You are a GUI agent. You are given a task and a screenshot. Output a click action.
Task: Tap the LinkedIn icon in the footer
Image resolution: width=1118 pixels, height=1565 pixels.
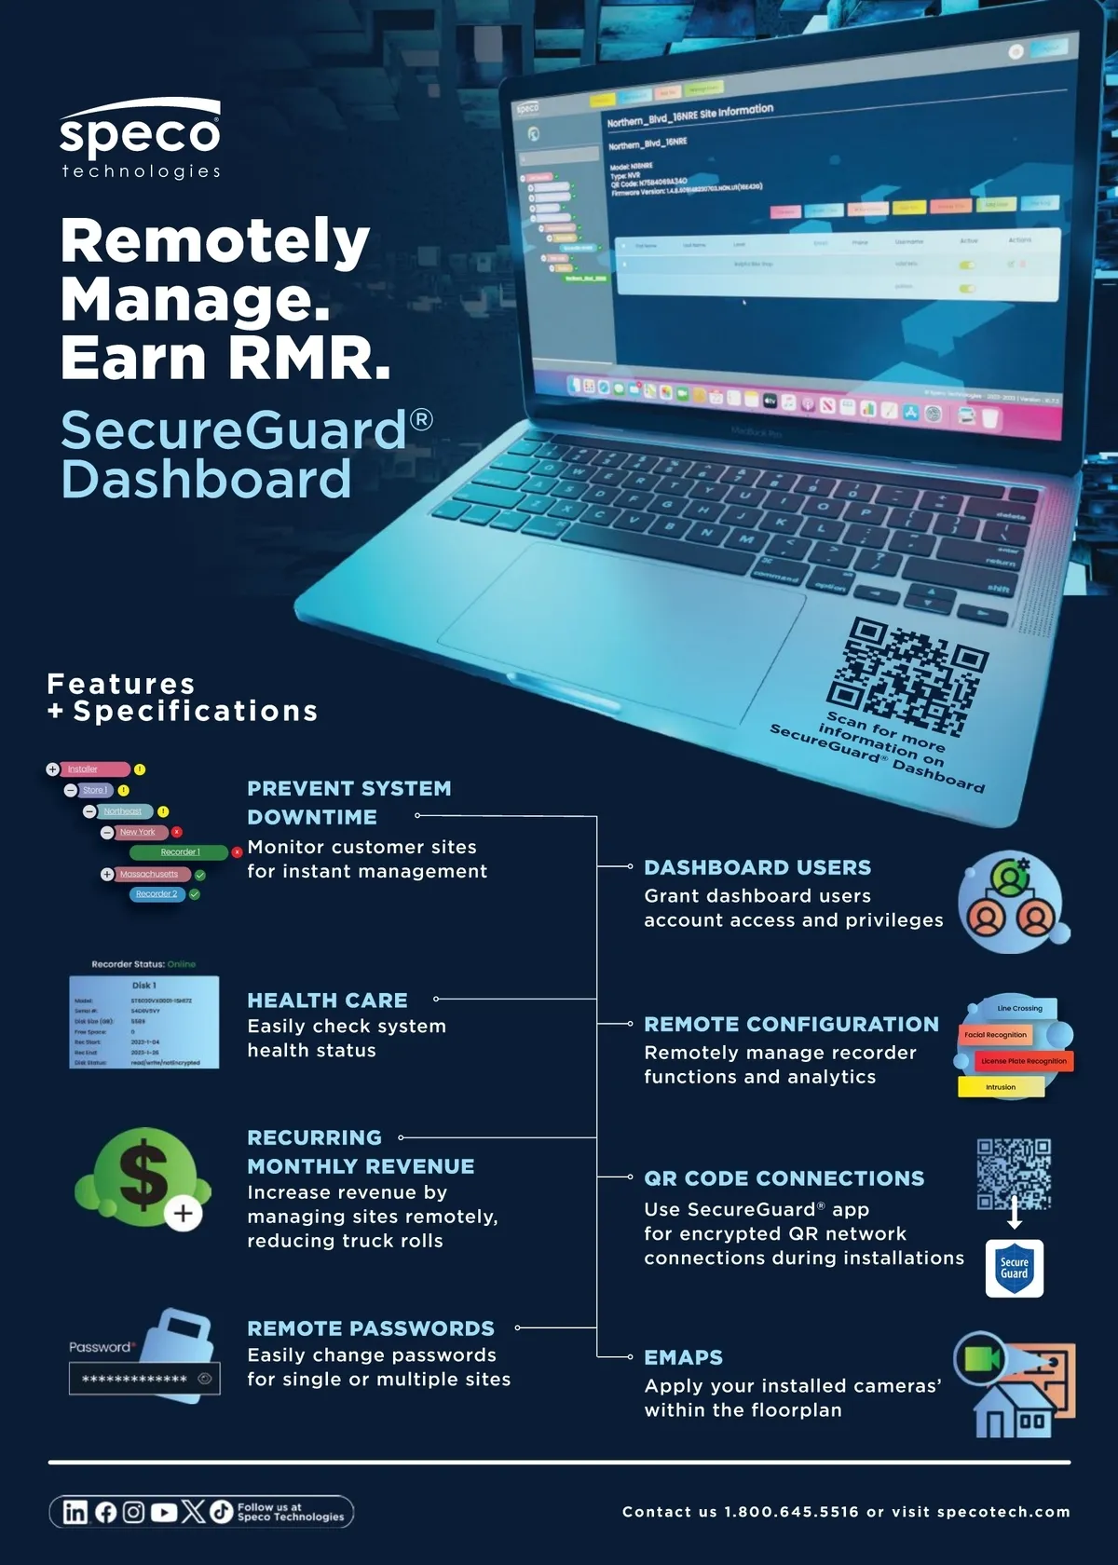tap(75, 1511)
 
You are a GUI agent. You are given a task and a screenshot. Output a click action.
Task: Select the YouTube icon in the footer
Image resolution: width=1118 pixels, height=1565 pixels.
tap(164, 1511)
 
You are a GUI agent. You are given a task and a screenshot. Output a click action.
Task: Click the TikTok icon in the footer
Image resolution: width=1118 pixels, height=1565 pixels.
tap(221, 1511)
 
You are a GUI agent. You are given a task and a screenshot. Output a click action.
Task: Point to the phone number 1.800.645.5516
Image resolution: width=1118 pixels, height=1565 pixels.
tap(791, 1511)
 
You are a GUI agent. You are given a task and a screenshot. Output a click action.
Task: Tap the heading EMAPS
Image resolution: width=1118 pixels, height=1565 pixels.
tap(683, 1357)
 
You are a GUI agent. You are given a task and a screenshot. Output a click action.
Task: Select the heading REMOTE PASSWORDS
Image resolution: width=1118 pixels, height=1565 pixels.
tap(370, 1328)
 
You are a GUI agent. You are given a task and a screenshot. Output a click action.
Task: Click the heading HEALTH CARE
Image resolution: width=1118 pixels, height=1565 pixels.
tap(327, 1000)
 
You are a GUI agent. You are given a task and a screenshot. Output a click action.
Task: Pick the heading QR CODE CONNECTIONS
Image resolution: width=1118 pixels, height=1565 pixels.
tap(784, 1178)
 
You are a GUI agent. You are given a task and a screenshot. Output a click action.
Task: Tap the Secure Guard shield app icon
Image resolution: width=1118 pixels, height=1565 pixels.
tap(1014, 1268)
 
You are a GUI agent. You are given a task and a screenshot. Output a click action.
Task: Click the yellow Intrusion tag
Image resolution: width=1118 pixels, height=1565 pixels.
tap(1001, 1087)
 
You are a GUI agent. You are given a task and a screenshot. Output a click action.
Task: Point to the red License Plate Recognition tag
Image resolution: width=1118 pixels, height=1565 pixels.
tap(1023, 1061)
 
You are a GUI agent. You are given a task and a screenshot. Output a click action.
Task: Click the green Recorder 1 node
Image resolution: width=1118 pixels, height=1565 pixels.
tap(179, 852)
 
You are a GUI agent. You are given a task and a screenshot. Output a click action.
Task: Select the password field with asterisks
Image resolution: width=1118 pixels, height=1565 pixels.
tap(143, 1379)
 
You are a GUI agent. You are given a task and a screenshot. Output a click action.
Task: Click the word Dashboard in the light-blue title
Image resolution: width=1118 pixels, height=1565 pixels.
tap(206, 479)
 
